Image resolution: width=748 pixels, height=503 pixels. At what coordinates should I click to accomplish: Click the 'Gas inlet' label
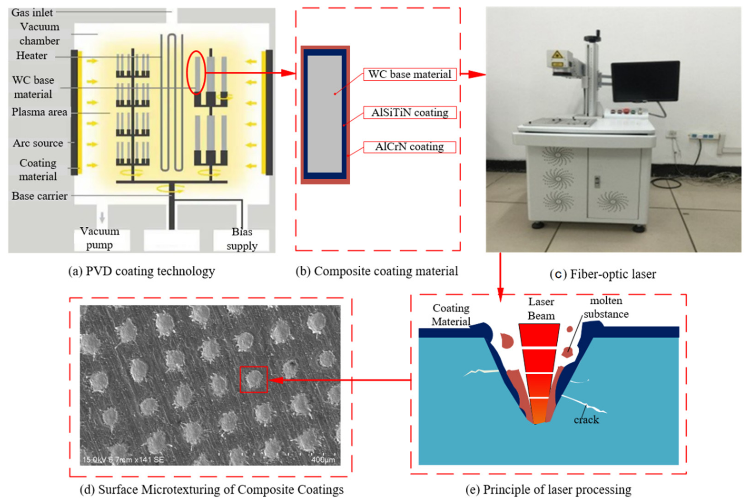click(32, 12)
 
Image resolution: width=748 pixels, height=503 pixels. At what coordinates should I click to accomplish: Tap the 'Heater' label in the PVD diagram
click(31, 55)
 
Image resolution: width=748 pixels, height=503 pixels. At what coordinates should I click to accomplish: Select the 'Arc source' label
click(38, 143)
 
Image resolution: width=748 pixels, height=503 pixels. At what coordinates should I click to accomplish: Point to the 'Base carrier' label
click(40, 196)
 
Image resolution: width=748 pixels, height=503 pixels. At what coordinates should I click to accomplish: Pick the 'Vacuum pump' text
click(99, 238)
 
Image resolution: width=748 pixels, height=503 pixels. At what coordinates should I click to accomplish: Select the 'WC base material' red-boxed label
click(410, 74)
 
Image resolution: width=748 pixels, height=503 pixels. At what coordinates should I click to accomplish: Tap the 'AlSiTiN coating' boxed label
click(410, 113)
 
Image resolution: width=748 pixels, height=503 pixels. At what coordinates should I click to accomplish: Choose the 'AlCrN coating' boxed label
click(410, 147)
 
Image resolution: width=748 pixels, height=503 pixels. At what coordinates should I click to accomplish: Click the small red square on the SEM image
click(253, 379)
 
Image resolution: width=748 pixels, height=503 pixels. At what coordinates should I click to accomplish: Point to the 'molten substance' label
click(606, 307)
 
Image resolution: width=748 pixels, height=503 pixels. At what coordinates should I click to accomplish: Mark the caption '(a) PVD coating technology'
click(141, 271)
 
